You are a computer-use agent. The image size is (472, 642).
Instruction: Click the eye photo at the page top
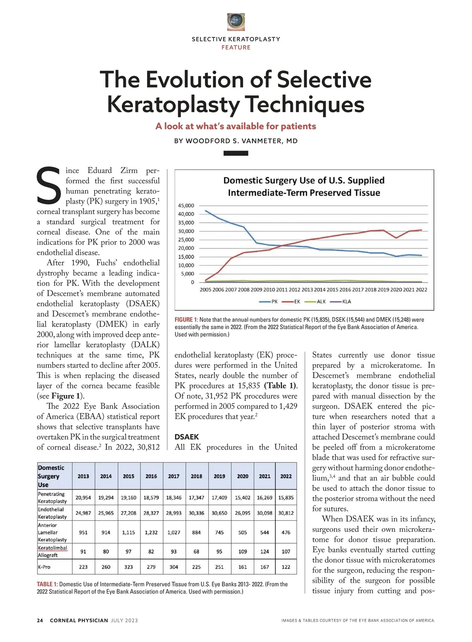[236, 22]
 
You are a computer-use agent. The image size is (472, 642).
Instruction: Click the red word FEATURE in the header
[236, 48]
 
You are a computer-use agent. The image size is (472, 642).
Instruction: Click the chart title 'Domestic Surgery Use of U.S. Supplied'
[304, 180]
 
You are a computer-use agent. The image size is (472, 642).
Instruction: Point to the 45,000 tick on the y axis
[186, 205]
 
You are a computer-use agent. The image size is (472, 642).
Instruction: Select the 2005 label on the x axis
[205, 290]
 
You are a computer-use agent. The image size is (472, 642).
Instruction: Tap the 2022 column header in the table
[286, 476]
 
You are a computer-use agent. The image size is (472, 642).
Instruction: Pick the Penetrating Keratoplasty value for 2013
[83, 498]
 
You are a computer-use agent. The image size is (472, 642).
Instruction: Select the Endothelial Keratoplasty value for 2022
[286, 513]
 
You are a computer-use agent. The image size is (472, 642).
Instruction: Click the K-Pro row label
[44, 567]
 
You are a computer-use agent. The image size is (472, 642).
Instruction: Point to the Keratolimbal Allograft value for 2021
[265, 551]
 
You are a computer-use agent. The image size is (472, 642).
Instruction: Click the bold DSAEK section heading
[186, 437]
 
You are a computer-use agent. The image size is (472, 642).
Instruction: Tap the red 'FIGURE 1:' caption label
[186, 320]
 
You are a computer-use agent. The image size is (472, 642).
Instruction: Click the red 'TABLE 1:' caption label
[47, 584]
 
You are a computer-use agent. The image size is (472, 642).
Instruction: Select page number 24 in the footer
[40, 621]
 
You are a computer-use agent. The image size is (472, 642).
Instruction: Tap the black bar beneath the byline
[236, 154]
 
